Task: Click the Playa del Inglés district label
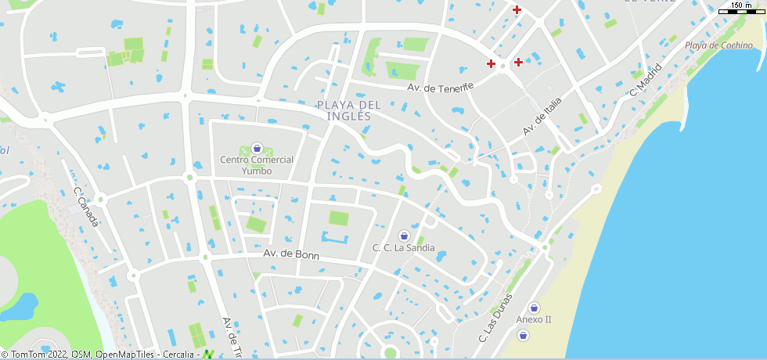pyautogui.click(x=349, y=110)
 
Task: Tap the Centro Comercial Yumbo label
pyautogui.click(x=257, y=165)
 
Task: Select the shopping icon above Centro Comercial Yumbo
pyautogui.click(x=257, y=148)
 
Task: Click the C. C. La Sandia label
pyautogui.click(x=404, y=248)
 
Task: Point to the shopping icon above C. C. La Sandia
pyautogui.click(x=404, y=235)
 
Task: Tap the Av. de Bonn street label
pyautogui.click(x=291, y=254)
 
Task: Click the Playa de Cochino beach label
pyautogui.click(x=718, y=45)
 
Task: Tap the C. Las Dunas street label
pyautogui.click(x=495, y=319)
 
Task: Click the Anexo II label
pyautogui.click(x=534, y=320)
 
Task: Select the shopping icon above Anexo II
pyautogui.click(x=534, y=307)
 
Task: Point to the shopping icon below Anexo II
pyautogui.click(x=523, y=335)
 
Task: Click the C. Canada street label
pyautogui.click(x=86, y=207)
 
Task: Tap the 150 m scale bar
pyautogui.click(x=741, y=9)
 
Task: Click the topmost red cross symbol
pyautogui.click(x=517, y=9)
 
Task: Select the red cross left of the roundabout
pyautogui.click(x=491, y=63)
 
